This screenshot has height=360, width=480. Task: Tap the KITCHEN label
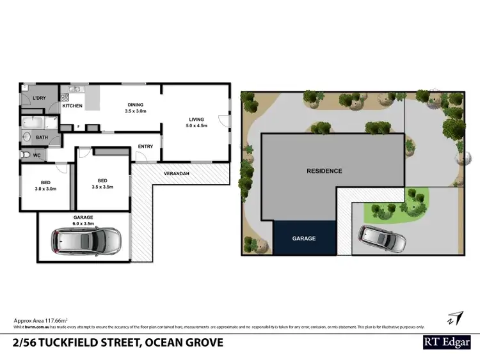[x=72, y=106]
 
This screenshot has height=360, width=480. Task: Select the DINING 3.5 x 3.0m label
[x=135, y=108]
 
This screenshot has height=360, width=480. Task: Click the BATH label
[x=42, y=137]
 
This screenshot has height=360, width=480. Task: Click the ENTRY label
[x=145, y=146]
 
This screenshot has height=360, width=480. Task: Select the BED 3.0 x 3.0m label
[x=45, y=185]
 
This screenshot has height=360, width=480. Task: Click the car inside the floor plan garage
[x=86, y=240]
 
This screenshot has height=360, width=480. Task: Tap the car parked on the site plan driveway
[x=382, y=239]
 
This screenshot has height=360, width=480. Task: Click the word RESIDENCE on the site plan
[x=324, y=171]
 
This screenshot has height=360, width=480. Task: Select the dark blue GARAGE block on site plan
[x=305, y=238]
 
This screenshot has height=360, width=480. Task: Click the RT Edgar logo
[x=447, y=343]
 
